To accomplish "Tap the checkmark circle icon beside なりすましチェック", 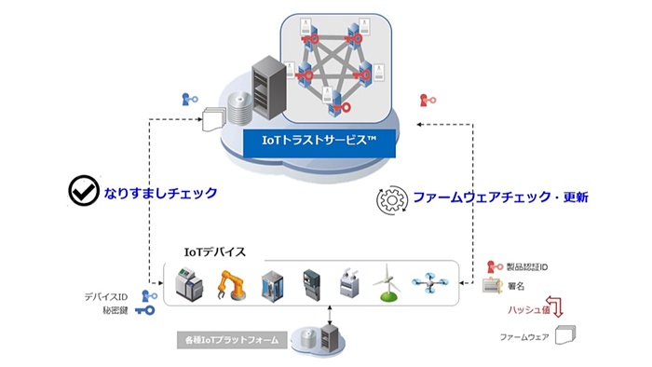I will [84, 192].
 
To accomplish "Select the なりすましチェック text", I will [159, 193].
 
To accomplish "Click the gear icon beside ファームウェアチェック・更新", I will [391, 199].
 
